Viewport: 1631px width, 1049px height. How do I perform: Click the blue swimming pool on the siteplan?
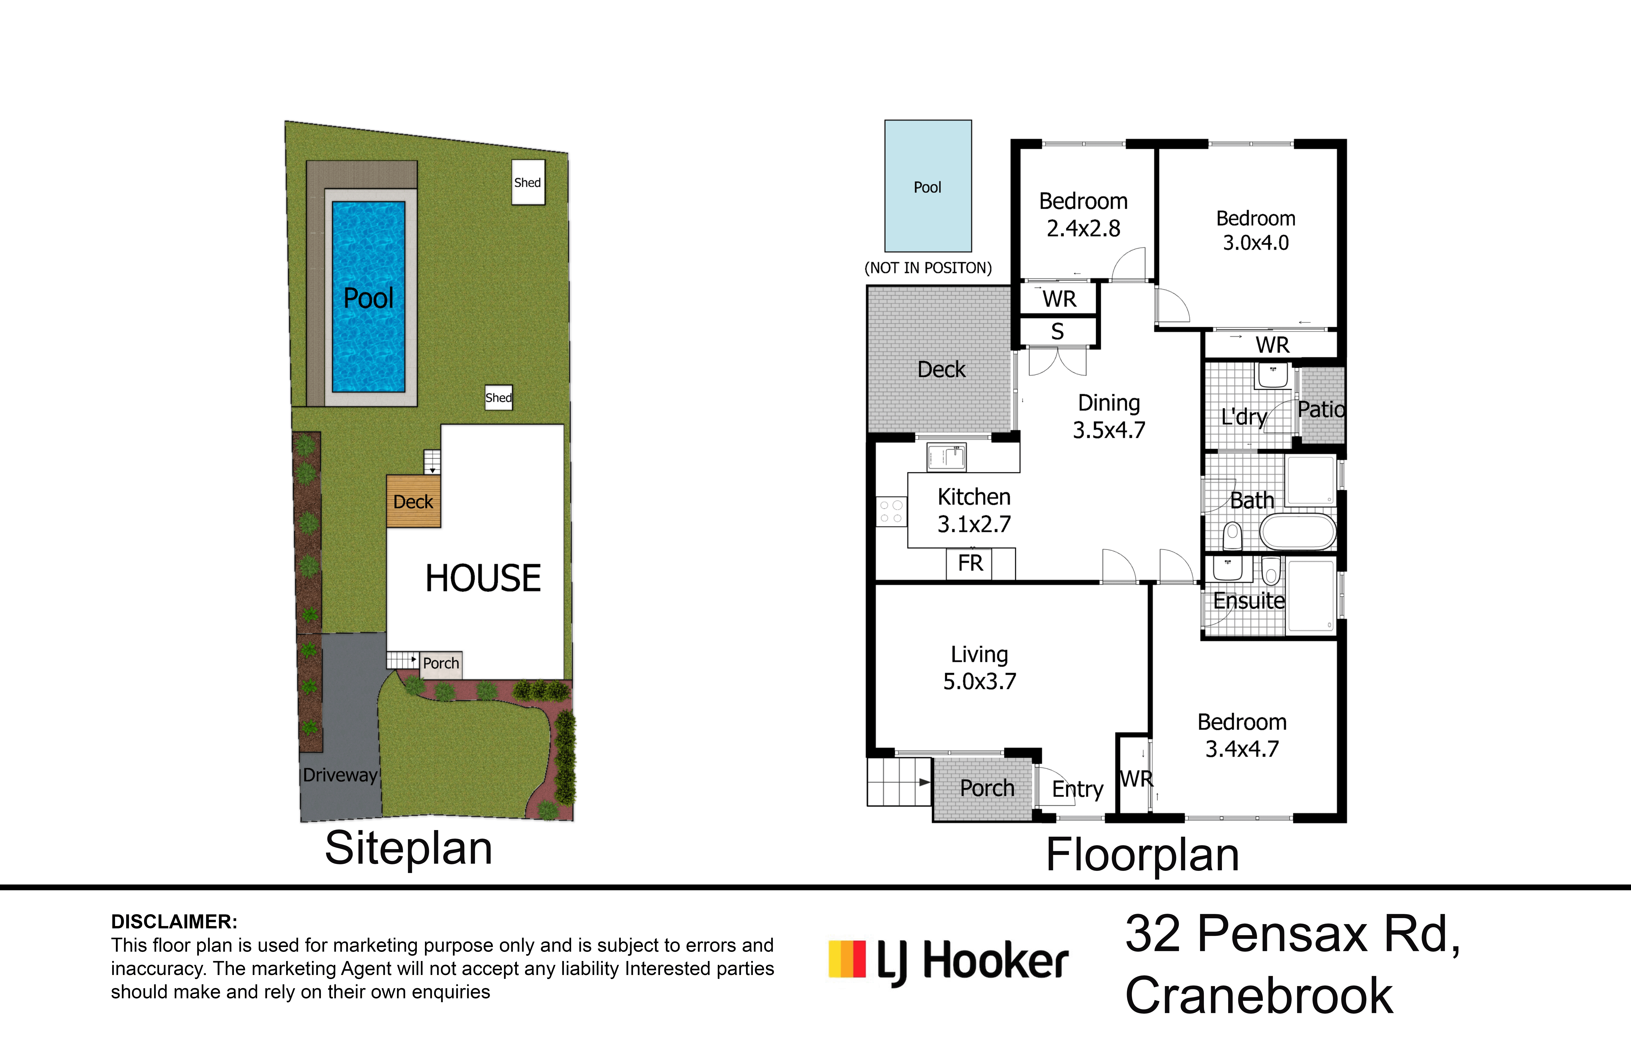(x=368, y=297)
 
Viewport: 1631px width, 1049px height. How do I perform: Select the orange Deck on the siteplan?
(x=413, y=501)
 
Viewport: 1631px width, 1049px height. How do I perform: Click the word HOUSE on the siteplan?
(x=483, y=578)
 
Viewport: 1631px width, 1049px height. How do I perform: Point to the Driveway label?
(x=340, y=775)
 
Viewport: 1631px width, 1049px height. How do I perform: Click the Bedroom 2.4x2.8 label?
(x=1083, y=215)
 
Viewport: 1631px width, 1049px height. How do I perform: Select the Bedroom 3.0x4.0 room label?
(x=1256, y=230)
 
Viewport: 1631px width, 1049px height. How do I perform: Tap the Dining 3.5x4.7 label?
(x=1109, y=416)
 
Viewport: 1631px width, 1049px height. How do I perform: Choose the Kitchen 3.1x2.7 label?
(x=974, y=510)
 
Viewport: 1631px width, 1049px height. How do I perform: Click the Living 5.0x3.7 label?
(x=980, y=667)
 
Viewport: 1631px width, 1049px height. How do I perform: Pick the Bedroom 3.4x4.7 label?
(x=1242, y=736)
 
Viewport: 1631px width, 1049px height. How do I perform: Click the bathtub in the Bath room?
(x=1298, y=532)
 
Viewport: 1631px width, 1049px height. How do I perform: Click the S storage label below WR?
(x=1057, y=332)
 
